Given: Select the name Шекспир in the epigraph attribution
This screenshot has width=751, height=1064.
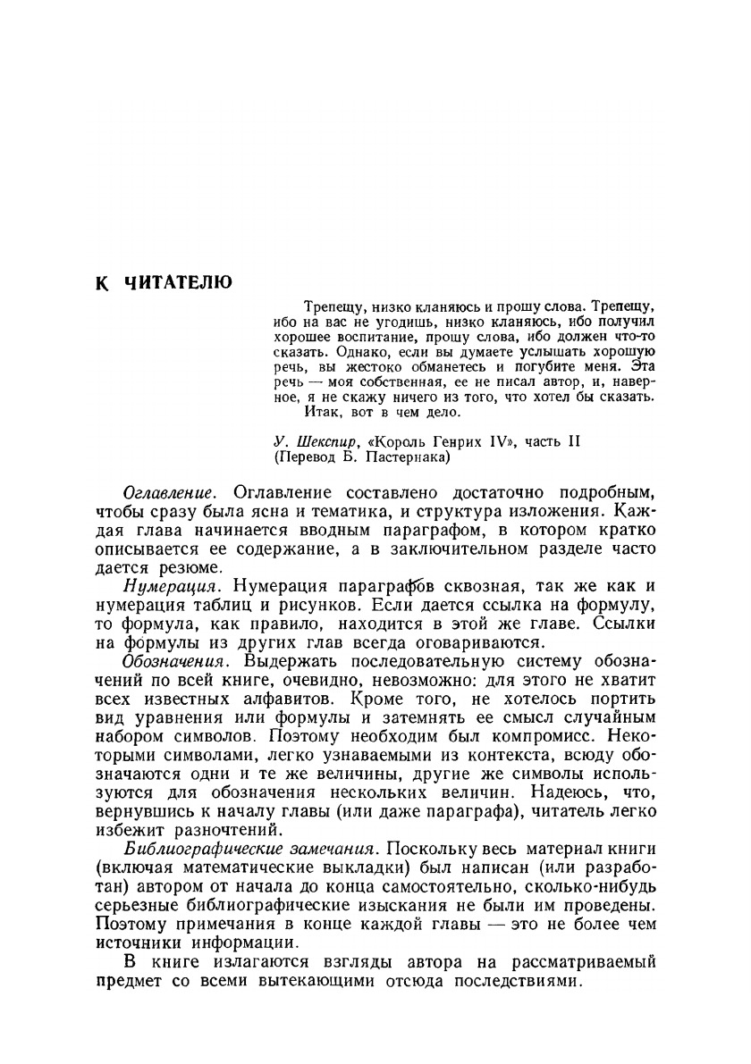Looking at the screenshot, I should [327, 441].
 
